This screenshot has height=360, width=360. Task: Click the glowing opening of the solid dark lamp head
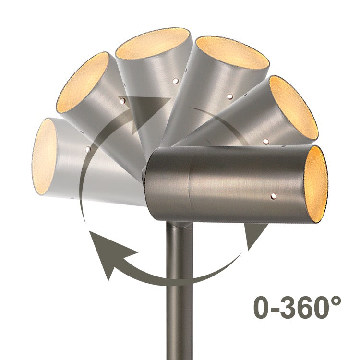[317, 185]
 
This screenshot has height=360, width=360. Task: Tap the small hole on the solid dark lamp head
[274, 196]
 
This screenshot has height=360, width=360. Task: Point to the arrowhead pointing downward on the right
[255, 237]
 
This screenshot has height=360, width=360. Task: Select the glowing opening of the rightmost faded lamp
[294, 108]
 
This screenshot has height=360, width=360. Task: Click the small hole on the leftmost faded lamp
[87, 149]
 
